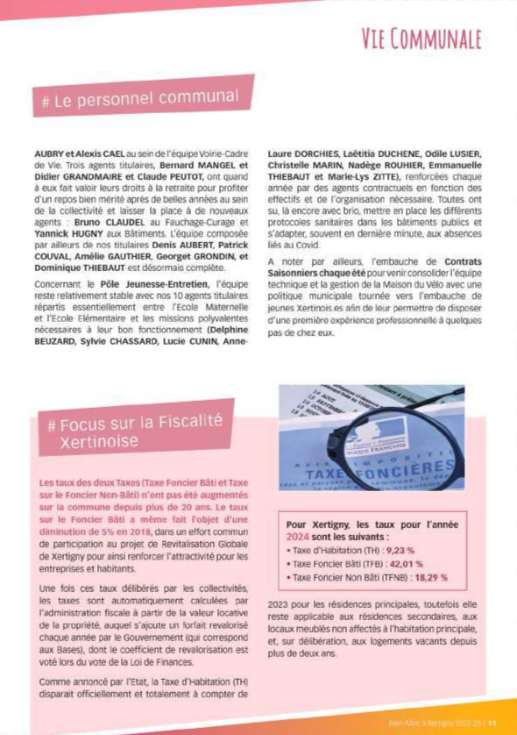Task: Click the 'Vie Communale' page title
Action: (x=422, y=40)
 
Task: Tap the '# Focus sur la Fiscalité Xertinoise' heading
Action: (x=135, y=432)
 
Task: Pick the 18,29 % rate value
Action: (x=430, y=577)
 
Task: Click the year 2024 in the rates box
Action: (x=300, y=536)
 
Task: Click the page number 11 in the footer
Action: (x=492, y=724)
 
